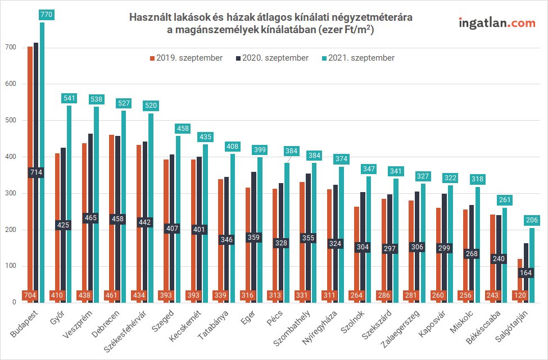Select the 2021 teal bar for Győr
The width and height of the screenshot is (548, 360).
[69, 202]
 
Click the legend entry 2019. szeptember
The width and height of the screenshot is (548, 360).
[185, 58]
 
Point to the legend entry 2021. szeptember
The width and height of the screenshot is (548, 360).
[357, 58]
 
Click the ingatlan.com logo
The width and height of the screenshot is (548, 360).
[497, 23]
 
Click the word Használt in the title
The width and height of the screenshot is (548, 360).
[150, 17]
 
